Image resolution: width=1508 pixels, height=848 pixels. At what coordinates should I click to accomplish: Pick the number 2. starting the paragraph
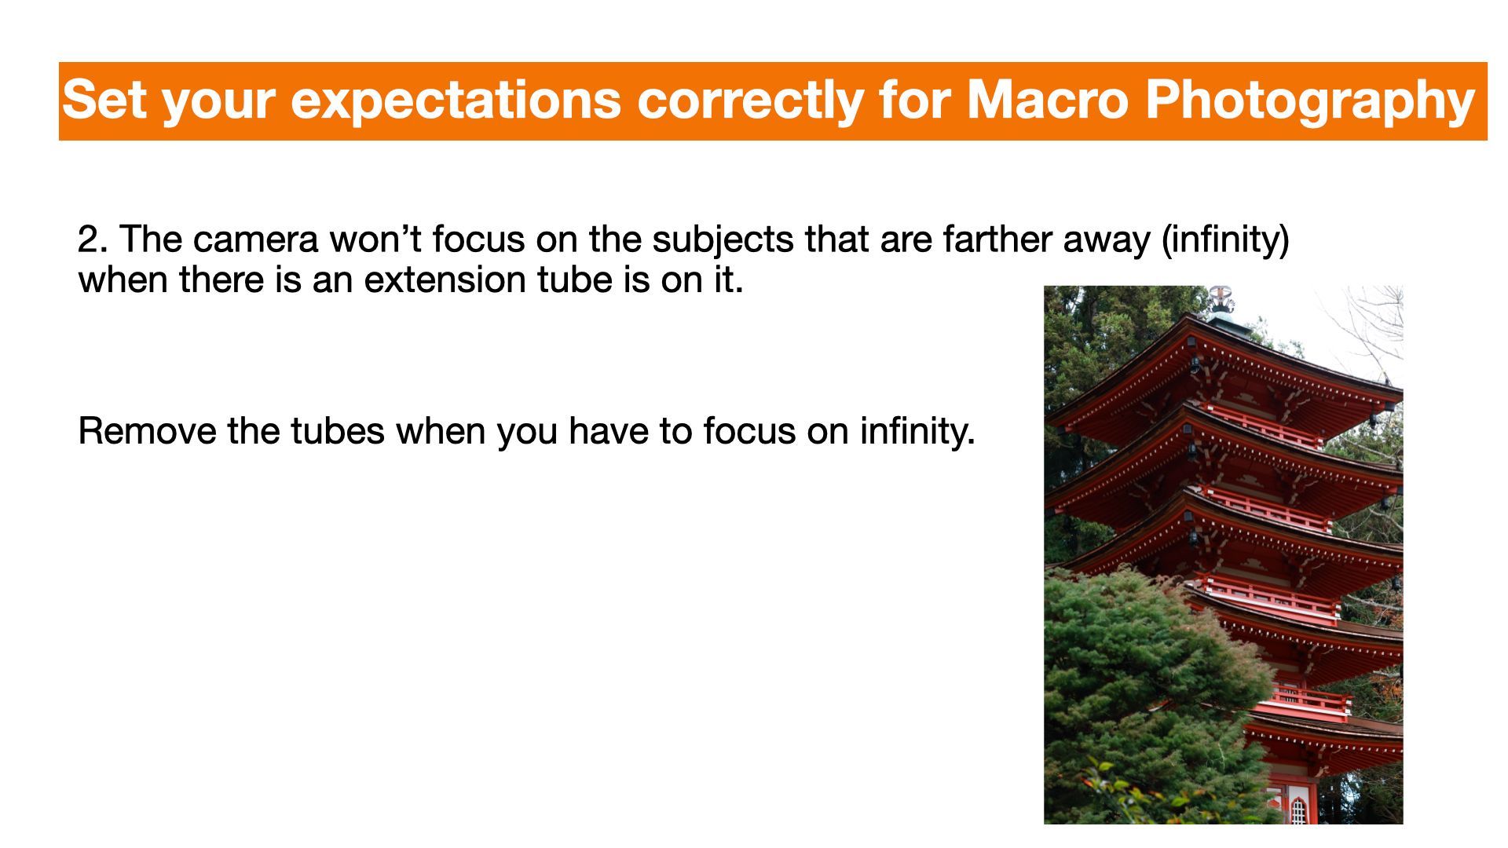pos(93,239)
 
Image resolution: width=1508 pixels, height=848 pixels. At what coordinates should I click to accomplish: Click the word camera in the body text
pos(256,240)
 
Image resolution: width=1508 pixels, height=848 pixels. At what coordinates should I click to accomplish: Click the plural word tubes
pos(338,431)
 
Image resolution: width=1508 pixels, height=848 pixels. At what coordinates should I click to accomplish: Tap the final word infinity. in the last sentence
pos(917,431)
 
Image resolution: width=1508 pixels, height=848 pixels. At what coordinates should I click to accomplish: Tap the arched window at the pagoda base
pos(1298,811)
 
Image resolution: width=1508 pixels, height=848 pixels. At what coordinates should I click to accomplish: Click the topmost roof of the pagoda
pos(1225,365)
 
